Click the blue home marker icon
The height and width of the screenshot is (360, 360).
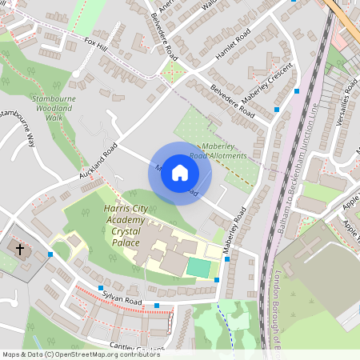[x=180, y=173]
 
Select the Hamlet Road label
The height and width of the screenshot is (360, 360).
[x=234, y=47]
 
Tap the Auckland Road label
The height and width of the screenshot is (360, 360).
[x=98, y=161]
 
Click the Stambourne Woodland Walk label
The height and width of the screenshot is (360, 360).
[x=54, y=107]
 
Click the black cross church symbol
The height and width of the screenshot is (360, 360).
[x=20, y=250]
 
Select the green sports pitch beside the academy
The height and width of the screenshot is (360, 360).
[x=198, y=266]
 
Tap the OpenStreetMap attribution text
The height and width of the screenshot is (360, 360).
[x=80, y=354]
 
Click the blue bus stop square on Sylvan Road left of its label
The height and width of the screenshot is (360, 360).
[x=101, y=288]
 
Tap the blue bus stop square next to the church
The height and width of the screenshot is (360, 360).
[x=50, y=254]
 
